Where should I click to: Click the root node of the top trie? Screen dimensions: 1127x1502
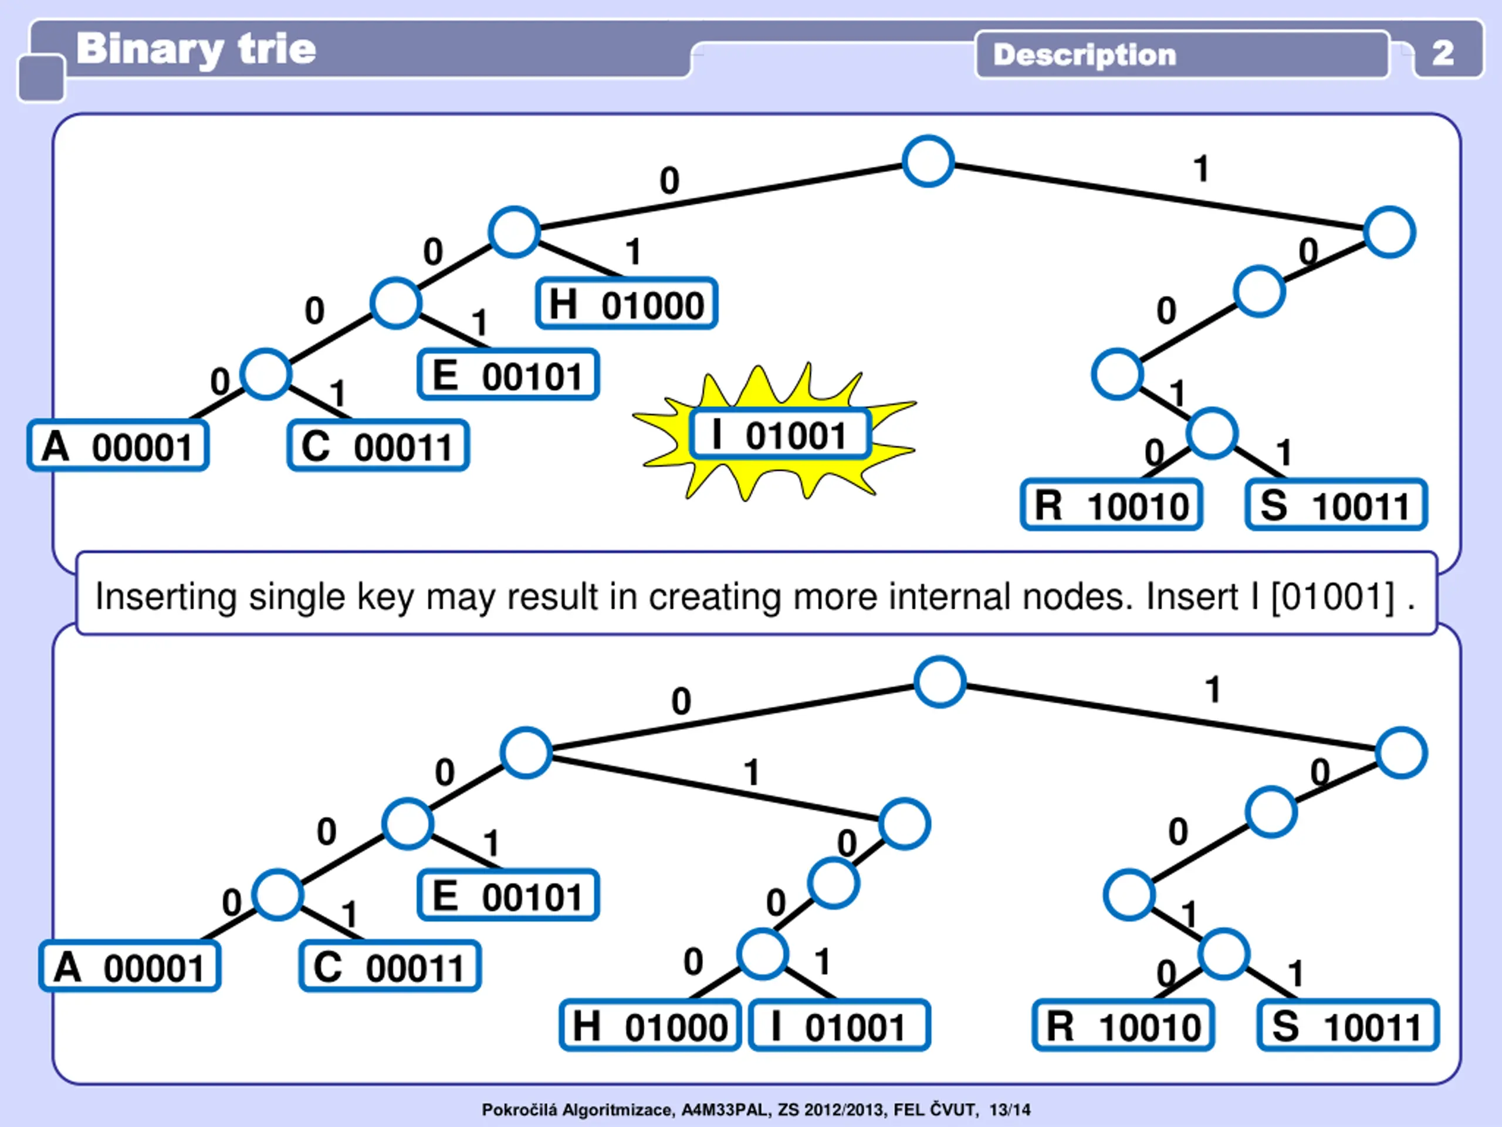pos(928,161)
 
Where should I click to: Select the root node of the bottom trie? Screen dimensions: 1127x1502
pos(940,681)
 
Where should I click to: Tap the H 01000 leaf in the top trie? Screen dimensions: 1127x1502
pos(626,303)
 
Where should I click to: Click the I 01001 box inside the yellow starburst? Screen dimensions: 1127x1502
pos(780,434)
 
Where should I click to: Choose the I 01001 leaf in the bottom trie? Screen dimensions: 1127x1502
pos(839,1025)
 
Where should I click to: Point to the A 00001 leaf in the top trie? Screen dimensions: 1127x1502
pos(117,446)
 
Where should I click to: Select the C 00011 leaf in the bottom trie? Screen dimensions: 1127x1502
pos(390,966)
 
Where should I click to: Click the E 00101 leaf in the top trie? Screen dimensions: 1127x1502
pos(508,374)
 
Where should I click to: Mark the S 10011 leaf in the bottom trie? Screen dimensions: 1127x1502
pos(1348,1025)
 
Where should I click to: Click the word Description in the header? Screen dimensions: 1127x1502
pos(1084,55)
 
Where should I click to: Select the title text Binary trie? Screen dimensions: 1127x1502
pos(195,49)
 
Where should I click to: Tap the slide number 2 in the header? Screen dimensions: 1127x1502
pos(1443,53)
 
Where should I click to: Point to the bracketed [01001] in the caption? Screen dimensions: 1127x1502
pos(1332,596)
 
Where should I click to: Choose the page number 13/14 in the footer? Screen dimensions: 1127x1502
pos(1010,1109)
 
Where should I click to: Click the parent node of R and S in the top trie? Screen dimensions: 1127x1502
pos(1212,433)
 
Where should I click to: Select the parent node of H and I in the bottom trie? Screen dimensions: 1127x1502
pos(763,954)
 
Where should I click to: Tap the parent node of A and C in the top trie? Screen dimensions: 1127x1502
pos(266,374)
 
